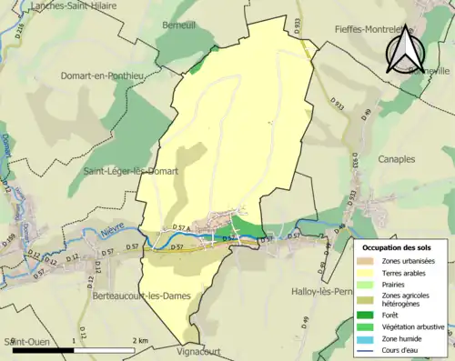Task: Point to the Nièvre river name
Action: [113, 233]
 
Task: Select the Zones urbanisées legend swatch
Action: [370, 261]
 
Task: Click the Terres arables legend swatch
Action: [370, 273]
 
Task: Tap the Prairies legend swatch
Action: [370, 284]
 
